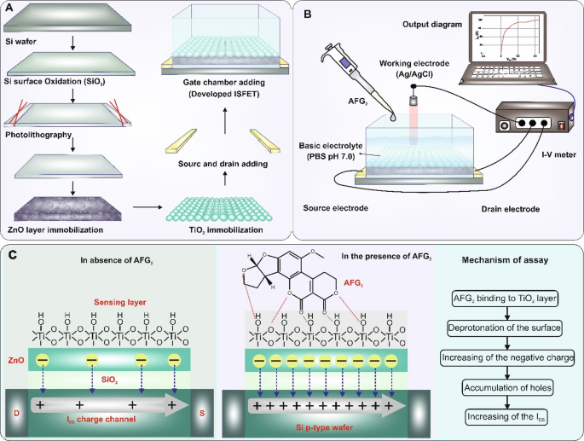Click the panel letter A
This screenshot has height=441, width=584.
[9, 9]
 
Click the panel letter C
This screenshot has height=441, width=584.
[10, 252]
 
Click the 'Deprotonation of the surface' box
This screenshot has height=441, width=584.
[506, 327]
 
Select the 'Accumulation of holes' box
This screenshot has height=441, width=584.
[506, 386]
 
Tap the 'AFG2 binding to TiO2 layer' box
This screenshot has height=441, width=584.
[506, 297]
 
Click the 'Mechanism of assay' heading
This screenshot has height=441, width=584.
[506, 261]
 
